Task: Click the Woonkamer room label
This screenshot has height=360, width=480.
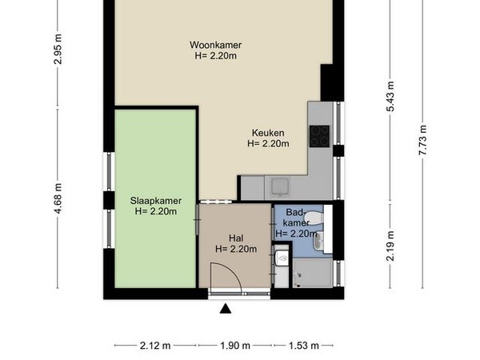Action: click(215, 45)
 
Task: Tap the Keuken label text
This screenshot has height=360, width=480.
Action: click(268, 133)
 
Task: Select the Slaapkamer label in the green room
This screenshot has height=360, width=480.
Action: click(156, 201)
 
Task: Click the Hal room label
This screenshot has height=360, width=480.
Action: click(236, 238)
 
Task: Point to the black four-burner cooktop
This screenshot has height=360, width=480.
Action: click(319, 136)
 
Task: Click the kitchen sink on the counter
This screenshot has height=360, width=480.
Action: click(280, 186)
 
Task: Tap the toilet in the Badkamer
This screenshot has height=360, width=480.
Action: click(314, 218)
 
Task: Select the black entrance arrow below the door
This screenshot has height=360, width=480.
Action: click(226, 309)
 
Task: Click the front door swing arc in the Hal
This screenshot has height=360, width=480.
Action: click(233, 270)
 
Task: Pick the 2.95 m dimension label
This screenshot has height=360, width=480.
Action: click(58, 49)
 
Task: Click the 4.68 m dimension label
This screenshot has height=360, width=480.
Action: click(58, 198)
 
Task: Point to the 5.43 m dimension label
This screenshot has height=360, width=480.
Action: click(390, 97)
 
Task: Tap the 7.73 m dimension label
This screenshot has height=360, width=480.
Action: click(422, 140)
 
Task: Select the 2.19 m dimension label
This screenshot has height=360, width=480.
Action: click(390, 246)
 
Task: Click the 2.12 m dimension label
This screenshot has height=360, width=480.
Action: click(155, 346)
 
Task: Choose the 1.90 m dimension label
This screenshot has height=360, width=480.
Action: click(235, 346)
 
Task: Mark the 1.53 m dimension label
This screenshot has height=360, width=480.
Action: click(304, 346)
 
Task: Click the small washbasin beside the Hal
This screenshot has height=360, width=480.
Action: click(282, 257)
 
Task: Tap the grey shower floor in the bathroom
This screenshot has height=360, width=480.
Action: click(313, 273)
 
